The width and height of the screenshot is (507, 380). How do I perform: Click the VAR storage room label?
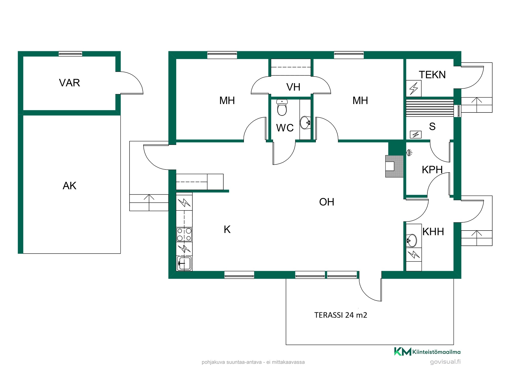(x=69, y=83)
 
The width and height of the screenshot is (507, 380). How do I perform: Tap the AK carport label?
(x=69, y=186)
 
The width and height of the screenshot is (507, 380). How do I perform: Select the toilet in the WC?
(x=282, y=107)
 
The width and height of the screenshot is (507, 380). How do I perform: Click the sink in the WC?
(x=305, y=123)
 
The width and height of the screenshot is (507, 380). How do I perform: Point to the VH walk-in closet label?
(x=293, y=87)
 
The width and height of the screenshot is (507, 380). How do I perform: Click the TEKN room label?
(x=432, y=75)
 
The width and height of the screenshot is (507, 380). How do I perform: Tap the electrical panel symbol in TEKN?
(x=414, y=88)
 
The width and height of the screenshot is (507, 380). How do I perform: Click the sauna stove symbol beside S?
(x=416, y=135)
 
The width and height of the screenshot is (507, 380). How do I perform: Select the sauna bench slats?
(x=430, y=108)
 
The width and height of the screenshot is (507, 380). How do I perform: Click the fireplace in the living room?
(x=394, y=166)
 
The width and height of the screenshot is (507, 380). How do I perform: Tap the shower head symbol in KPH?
(x=409, y=153)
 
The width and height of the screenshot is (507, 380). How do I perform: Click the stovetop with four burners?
(x=184, y=234)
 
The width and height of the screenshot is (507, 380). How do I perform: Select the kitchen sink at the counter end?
(x=184, y=263)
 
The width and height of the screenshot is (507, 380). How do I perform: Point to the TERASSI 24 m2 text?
(x=341, y=315)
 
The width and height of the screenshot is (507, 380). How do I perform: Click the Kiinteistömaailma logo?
(x=427, y=352)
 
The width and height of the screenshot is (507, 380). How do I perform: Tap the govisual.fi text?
(x=445, y=362)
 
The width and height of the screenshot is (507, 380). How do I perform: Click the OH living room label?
(x=327, y=202)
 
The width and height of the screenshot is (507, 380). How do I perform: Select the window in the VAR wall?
(x=70, y=54)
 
